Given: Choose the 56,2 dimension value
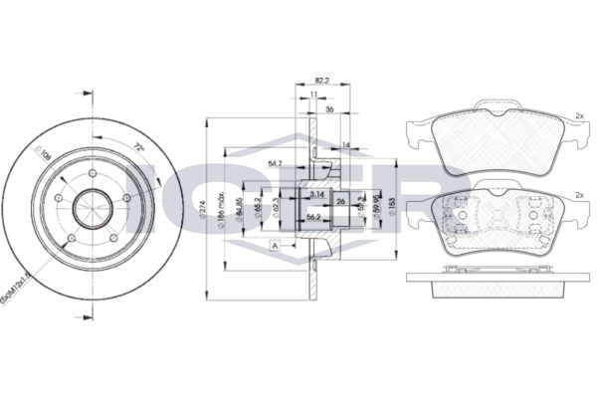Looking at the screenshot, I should coord(311,216).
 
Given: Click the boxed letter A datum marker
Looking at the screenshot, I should coord(272,244).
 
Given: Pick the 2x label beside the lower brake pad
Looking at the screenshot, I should coord(579,196).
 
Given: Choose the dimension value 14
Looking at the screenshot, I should coord(345,145).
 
